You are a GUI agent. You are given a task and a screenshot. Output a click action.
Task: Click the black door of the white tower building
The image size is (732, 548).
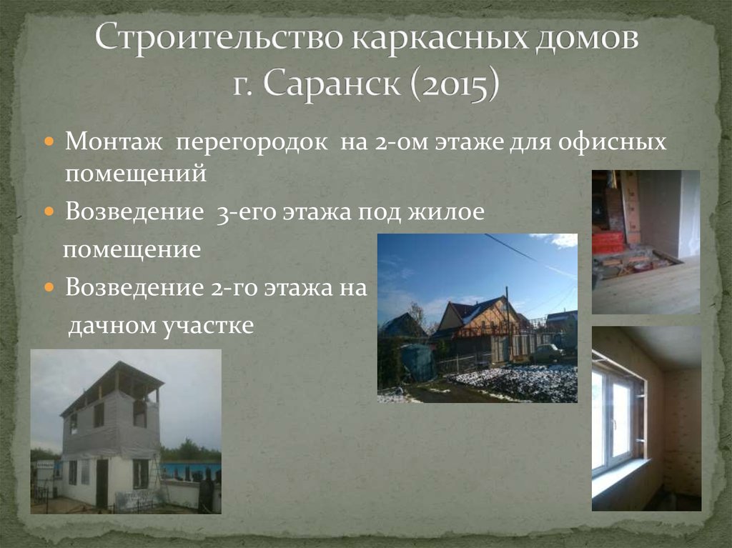pyautogui.click(x=102, y=483)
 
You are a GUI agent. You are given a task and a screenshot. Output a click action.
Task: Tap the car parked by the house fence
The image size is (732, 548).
pyautogui.click(x=547, y=352)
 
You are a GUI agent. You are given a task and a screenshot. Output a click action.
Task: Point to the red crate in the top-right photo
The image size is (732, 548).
pyautogui.click(x=608, y=243)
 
